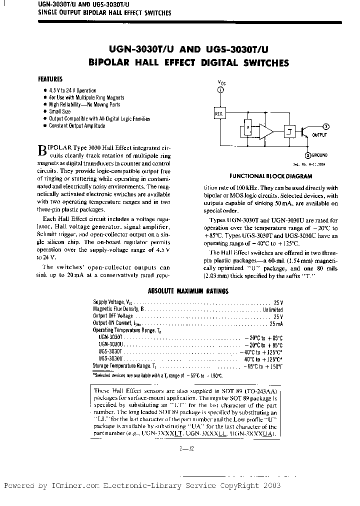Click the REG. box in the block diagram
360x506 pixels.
pos(219,113)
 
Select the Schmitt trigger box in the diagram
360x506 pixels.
pos(288,131)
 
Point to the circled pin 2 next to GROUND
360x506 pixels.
pos(308,155)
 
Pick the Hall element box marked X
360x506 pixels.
pos(247,128)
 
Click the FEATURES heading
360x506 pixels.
pos(50,79)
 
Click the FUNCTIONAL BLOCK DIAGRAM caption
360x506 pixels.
pos(270,176)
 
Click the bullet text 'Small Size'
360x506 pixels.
pos(59,111)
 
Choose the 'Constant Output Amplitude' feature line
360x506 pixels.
pos(77,126)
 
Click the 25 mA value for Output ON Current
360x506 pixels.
pos(276,323)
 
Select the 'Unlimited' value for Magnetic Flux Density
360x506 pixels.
pos(273,309)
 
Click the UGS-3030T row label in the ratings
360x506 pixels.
pos(108,352)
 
